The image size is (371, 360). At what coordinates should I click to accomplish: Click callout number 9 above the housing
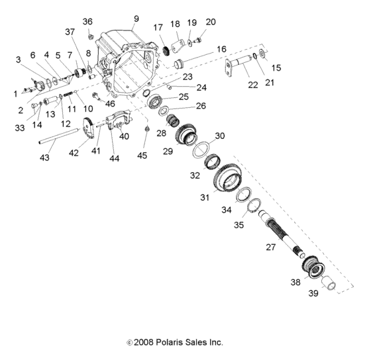pyautogui.click(x=136, y=18)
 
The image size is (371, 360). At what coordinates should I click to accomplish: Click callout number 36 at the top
pyautogui.click(x=87, y=22)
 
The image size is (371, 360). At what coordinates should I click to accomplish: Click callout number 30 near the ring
pyautogui.click(x=220, y=136)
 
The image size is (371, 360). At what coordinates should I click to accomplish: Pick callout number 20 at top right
pyautogui.click(x=211, y=22)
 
